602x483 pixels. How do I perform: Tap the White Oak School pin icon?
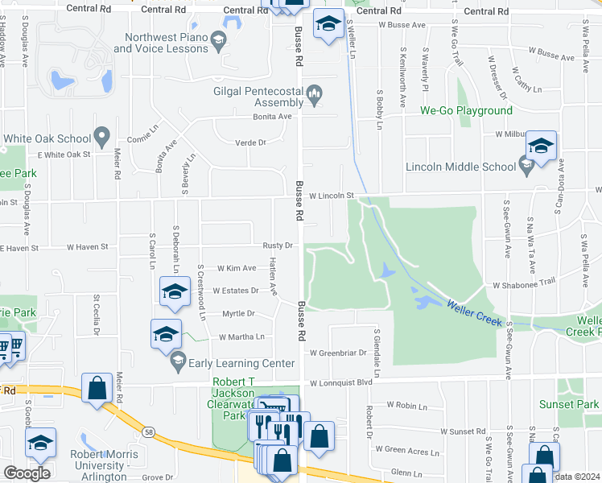[x=101, y=138]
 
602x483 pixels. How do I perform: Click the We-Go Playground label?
[x=466, y=110]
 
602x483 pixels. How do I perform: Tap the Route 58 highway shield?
[x=149, y=432]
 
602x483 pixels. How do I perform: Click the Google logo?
[x=27, y=473]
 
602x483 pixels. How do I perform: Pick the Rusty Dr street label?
[x=277, y=246]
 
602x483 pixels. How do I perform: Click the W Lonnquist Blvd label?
[x=342, y=384]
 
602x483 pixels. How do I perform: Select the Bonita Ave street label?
[x=274, y=116]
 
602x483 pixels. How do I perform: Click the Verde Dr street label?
[x=249, y=142]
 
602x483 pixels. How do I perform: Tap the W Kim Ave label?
[x=237, y=268]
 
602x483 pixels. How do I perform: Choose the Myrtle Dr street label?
[x=238, y=313]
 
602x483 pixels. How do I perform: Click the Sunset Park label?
[x=575, y=404]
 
